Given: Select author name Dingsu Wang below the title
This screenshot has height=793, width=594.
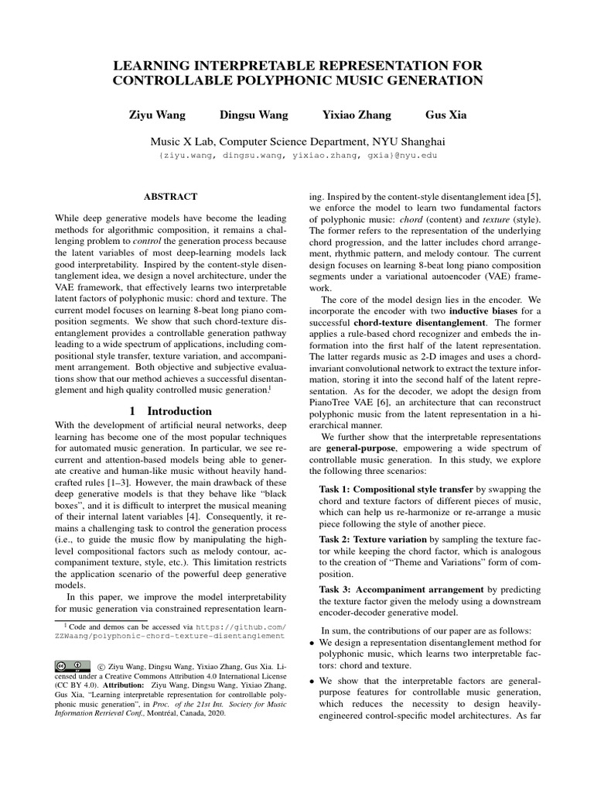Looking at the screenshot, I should tap(254, 115).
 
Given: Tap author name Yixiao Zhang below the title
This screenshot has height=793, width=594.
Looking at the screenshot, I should tap(357, 115).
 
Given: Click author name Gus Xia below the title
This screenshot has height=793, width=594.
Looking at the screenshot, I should tap(446, 115).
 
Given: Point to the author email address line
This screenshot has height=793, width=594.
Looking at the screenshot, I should tap(297, 156).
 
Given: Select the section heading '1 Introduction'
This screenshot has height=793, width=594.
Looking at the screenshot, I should tap(170, 411).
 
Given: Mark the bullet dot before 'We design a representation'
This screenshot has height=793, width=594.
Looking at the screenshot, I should tap(312, 644).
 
